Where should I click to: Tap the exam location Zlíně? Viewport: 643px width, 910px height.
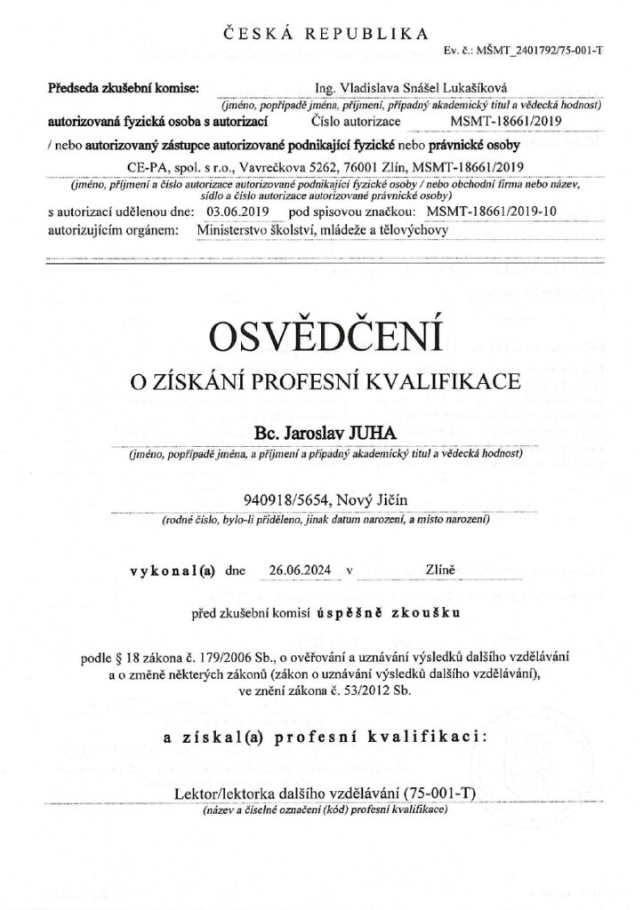[x=442, y=571]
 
